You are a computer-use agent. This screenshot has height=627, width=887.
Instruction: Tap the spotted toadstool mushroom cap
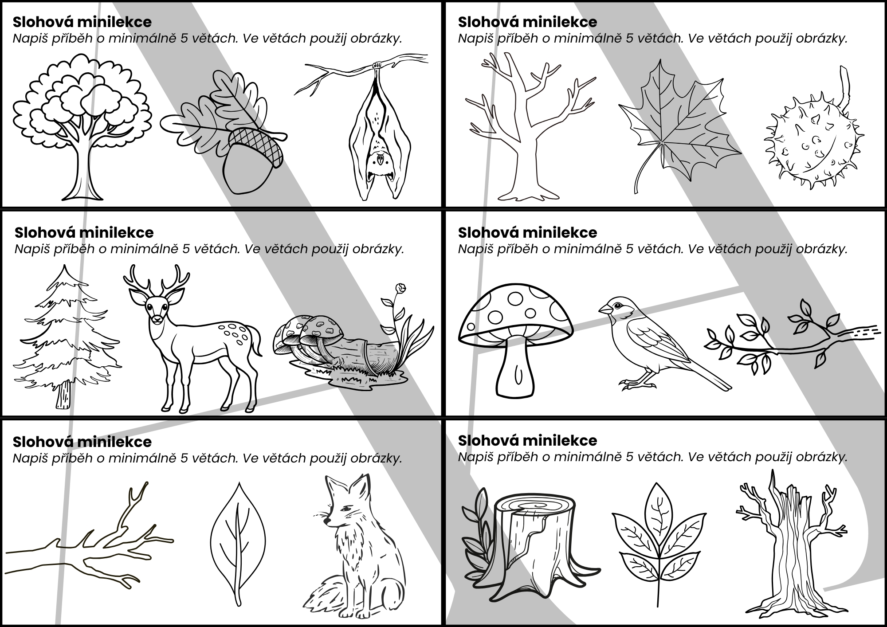point(514,315)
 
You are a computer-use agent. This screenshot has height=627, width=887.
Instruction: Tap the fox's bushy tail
point(328,596)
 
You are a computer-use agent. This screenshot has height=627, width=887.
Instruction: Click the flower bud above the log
point(401,288)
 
